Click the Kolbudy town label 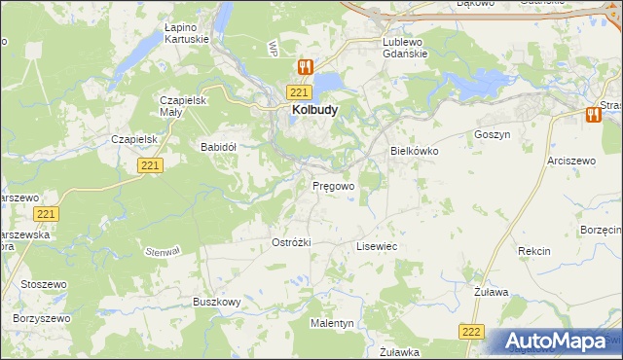tap(314, 110)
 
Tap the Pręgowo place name tap(333, 185)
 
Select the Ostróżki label tap(290, 242)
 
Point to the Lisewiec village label tap(377, 247)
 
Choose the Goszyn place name tap(492, 134)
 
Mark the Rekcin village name tap(534, 251)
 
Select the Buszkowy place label tap(216, 302)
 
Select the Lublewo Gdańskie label tap(407, 48)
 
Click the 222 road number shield tap(472, 332)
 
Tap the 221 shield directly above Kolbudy tap(299, 91)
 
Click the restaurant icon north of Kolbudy tap(305, 67)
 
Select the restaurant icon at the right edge tap(593, 114)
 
